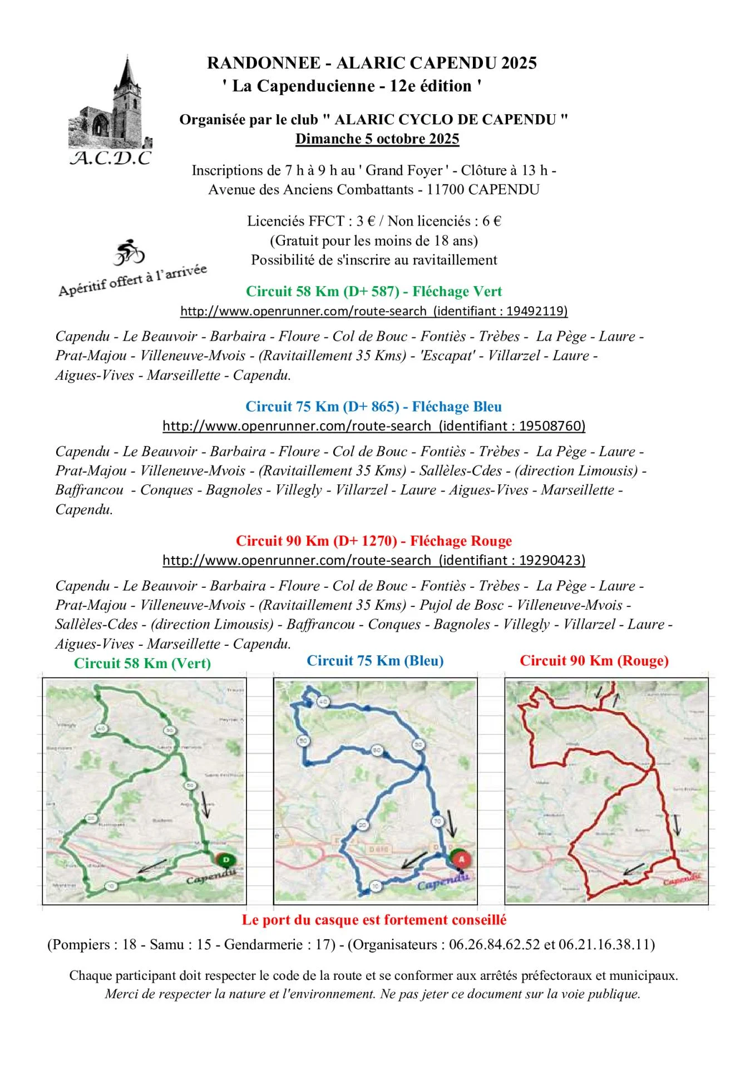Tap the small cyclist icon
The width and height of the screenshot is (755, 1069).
coord(129,252)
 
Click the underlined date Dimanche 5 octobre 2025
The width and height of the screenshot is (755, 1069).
coord(377,139)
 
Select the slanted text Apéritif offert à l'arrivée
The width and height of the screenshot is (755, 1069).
coord(132,280)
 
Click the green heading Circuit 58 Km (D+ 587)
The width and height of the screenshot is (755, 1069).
coord(373,291)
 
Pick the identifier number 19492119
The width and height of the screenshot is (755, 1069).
coord(535,311)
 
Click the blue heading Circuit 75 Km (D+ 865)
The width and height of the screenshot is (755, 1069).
coord(373,406)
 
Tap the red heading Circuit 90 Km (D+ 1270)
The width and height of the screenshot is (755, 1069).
coord(373,541)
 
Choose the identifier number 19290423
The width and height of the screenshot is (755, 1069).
coord(550,560)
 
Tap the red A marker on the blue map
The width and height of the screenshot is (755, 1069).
coord(461,860)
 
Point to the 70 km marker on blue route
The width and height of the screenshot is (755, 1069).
coord(437,821)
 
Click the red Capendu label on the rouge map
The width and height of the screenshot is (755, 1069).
coord(683,879)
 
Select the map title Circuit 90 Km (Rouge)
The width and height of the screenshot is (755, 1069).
coord(594,661)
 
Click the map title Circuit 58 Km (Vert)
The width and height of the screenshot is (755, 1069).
coord(142,663)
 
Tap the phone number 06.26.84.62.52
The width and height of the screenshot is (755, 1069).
coord(494,945)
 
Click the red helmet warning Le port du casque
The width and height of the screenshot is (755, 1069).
coord(373,920)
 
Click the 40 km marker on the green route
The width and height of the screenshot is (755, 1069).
coord(101,728)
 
